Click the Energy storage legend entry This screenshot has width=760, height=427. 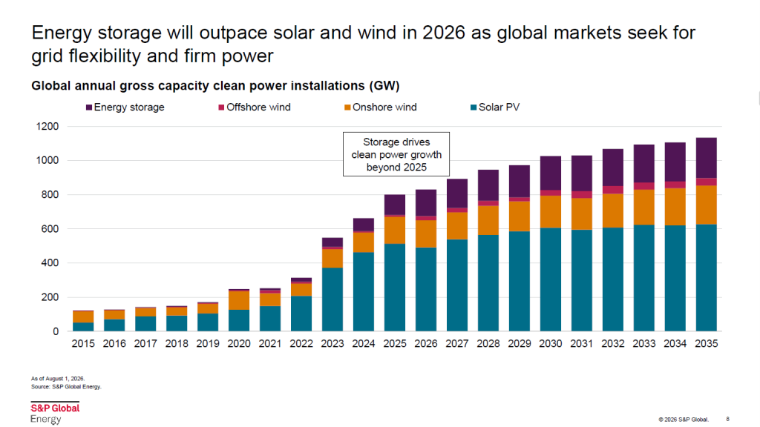pos(125,107)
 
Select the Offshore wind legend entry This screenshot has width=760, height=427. pos(255,107)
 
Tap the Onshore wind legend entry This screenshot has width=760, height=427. pos(381,107)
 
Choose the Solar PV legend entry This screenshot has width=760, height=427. pos(495,107)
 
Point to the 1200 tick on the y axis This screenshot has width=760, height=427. pos(47,126)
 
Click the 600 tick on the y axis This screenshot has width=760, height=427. pos(50,228)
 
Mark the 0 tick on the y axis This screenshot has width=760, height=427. pos(56,331)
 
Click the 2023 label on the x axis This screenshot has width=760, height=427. pos(332,343)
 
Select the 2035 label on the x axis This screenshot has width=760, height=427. pos(707,343)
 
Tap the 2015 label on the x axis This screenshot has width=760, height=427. pos(83,343)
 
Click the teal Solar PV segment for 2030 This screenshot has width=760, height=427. pos(551,279)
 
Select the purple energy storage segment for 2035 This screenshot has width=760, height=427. pos(707,158)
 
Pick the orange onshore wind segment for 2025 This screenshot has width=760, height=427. pos(395,230)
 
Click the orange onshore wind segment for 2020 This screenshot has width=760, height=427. pos(239,300)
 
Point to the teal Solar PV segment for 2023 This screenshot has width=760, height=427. pos(332,299)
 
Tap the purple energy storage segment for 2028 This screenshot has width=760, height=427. pos(488,185)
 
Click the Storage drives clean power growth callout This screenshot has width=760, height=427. pos(396,154)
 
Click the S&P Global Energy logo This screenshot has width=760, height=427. pos(55,413)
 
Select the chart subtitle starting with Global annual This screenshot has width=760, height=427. pos(216,86)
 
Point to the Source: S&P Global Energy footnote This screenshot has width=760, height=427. pos(66,387)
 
